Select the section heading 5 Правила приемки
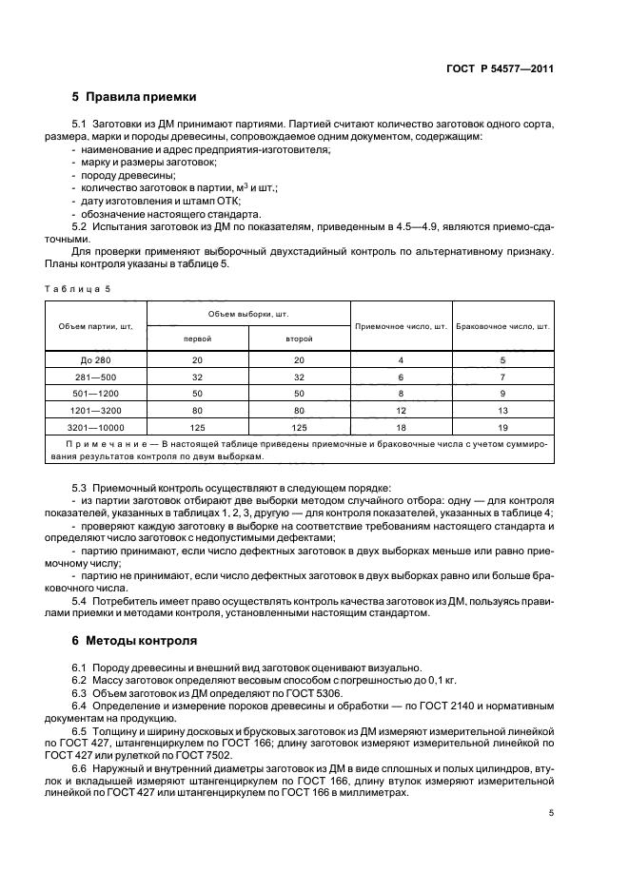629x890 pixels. click(134, 97)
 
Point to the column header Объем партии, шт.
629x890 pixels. click(95, 326)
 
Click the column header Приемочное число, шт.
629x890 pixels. click(401, 326)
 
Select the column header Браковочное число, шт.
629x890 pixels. click(503, 326)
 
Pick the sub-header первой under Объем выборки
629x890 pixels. click(197, 339)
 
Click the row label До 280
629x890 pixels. click(95, 361)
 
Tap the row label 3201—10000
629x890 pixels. click(95, 427)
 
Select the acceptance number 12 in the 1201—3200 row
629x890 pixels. click(401, 411)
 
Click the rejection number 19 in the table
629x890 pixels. click(503, 427)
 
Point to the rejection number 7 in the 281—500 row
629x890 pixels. click(503, 377)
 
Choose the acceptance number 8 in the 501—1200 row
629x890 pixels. click(401, 394)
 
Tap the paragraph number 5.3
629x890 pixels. click(80, 488)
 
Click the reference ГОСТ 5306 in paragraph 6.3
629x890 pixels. click(263, 694)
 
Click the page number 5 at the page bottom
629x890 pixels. click(551, 813)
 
